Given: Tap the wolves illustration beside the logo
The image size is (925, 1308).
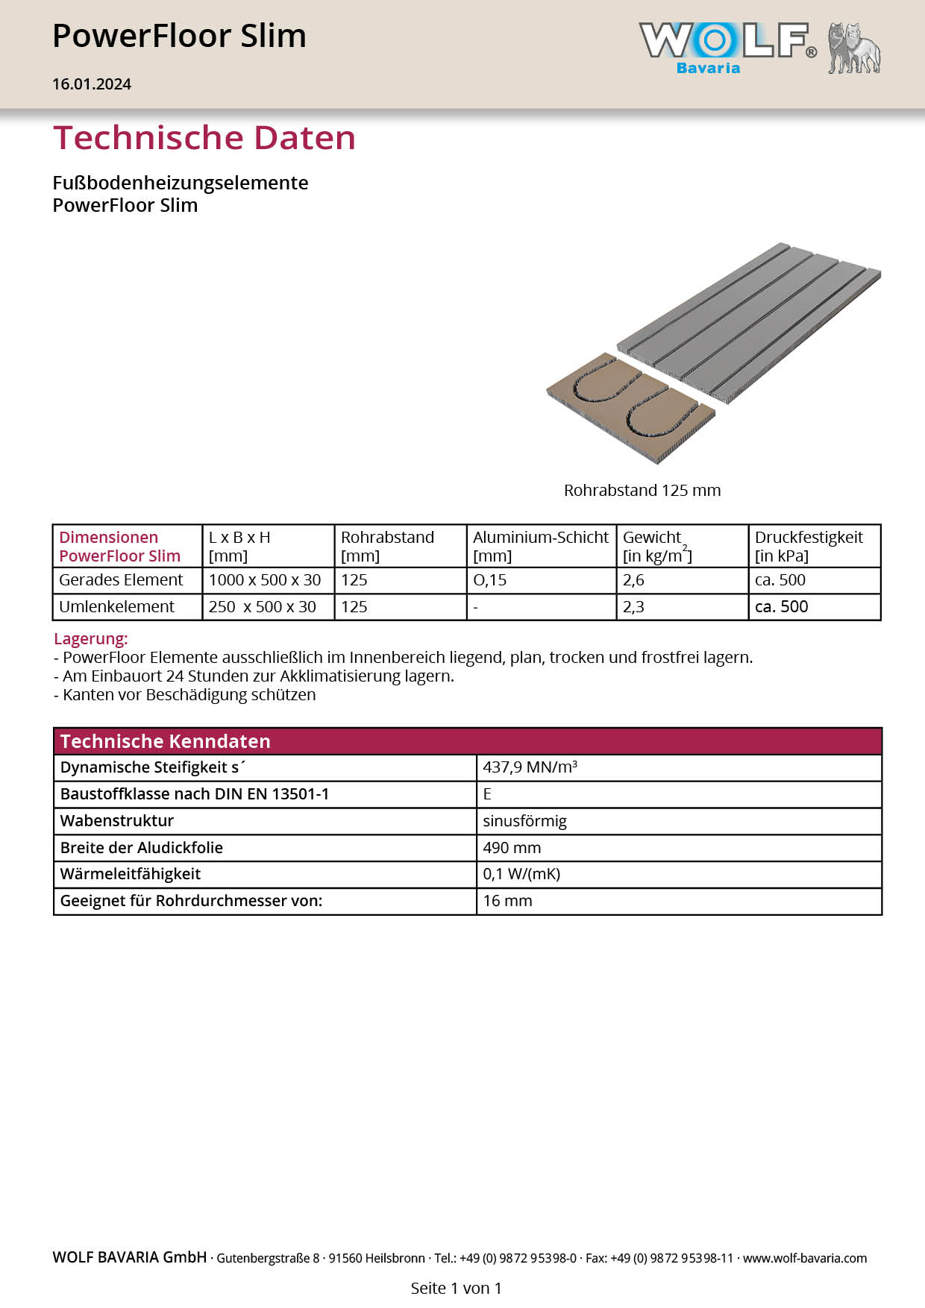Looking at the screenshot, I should pyautogui.click(x=854, y=48).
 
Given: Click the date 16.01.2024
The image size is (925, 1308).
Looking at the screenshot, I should pyautogui.click(x=92, y=84).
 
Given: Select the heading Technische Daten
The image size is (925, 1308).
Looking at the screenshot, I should pyautogui.click(x=204, y=138).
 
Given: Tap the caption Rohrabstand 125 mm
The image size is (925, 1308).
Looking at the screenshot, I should pyautogui.click(x=642, y=491).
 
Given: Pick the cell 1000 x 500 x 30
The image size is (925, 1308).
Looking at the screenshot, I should pyautogui.click(x=265, y=580).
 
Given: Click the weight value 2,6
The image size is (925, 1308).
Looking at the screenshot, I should pyautogui.click(x=633, y=580).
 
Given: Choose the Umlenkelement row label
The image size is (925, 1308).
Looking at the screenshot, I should pyautogui.click(x=117, y=607).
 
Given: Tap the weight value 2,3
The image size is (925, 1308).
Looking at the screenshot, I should pyautogui.click(x=633, y=607).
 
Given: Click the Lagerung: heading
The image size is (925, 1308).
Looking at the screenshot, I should pyautogui.click(x=91, y=639).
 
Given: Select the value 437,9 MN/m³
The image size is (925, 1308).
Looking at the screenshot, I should pyautogui.click(x=530, y=767).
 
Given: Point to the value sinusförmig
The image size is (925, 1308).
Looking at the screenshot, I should pyautogui.click(x=524, y=821).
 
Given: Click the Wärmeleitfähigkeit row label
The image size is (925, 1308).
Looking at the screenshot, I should pyautogui.click(x=131, y=874).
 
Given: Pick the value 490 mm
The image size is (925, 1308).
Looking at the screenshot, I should pyautogui.click(x=512, y=848).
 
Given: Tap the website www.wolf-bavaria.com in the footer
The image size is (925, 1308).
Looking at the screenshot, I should pyautogui.click(x=805, y=1258).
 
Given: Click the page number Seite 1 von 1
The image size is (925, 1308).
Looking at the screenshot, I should pyautogui.click(x=456, y=1288).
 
